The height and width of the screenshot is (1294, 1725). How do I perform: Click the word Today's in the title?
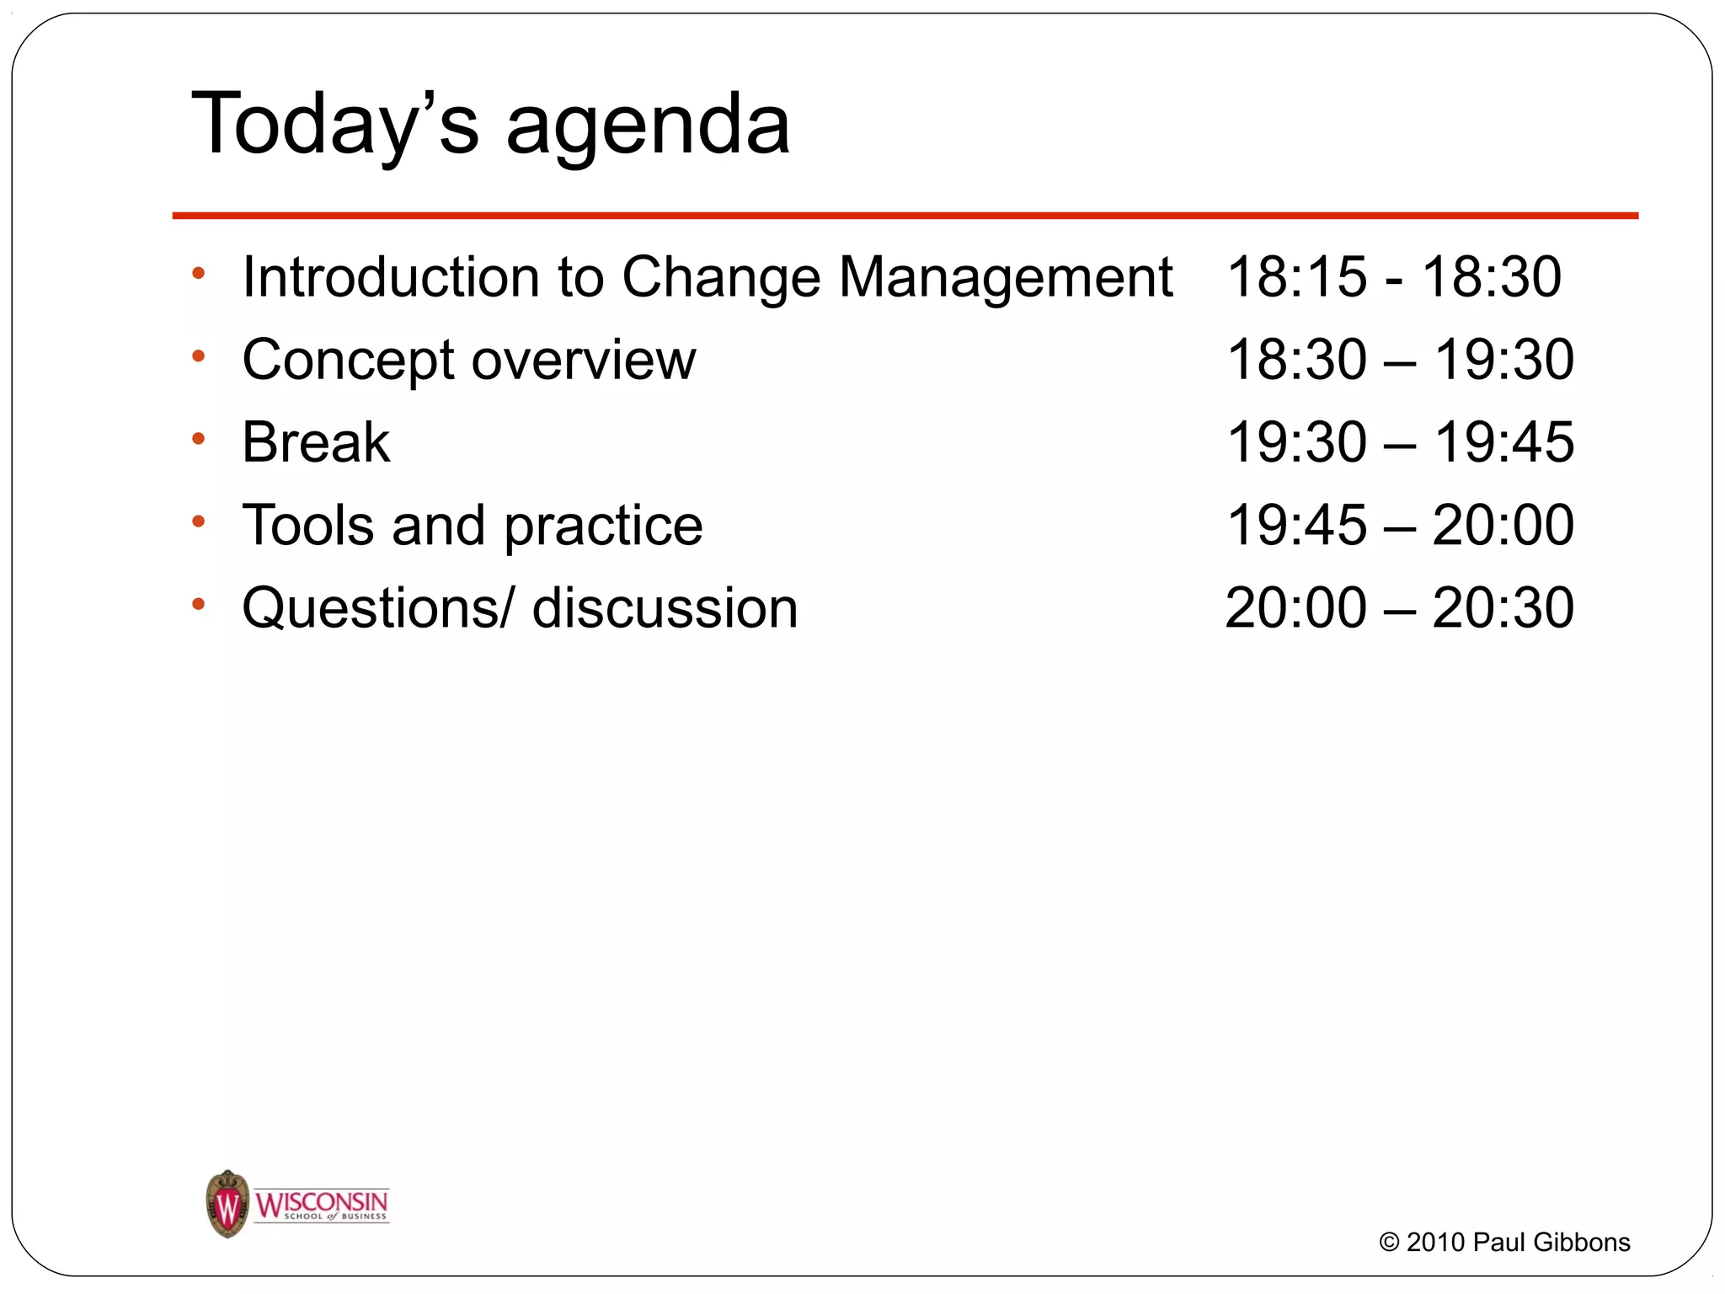[x=334, y=125]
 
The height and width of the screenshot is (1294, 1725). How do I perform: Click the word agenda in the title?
[x=648, y=126]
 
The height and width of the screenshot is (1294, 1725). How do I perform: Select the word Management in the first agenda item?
[x=1006, y=279]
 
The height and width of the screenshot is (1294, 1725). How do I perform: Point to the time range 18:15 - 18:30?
[x=1394, y=277]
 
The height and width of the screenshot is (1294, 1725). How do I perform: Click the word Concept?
[x=348, y=361]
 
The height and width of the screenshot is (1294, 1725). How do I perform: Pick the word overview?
[x=584, y=361]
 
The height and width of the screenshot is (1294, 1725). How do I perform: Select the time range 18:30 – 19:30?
[x=1400, y=360]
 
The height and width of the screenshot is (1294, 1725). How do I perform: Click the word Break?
[x=316, y=442]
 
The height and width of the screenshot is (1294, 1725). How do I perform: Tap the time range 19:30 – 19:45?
[x=1400, y=442]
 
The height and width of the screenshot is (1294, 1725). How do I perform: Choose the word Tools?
[x=307, y=526]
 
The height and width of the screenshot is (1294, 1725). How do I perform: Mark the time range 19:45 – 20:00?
[x=1400, y=525]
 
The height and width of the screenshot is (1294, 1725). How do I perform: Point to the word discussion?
[x=665, y=608]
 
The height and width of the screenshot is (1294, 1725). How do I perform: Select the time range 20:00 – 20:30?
[x=1400, y=607]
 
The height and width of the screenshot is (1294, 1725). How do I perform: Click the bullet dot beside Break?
[x=199, y=439]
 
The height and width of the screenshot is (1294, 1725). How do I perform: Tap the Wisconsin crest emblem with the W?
[x=227, y=1204]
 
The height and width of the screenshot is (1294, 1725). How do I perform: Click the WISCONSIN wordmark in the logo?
[x=321, y=1202]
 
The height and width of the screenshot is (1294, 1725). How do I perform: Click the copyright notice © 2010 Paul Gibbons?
[x=1504, y=1243]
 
